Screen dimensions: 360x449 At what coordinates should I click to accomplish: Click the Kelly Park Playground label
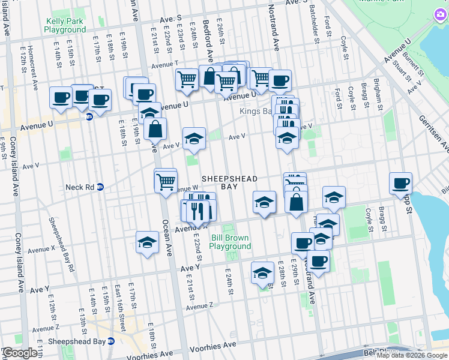(65, 25)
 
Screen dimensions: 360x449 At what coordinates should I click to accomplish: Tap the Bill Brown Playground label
(231, 242)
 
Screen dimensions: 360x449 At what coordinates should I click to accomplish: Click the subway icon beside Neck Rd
(101, 187)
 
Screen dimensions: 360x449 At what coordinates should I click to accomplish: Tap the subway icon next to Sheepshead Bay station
(110, 341)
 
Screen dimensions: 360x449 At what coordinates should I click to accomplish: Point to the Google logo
(20, 353)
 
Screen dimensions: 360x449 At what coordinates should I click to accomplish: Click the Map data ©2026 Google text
(412, 356)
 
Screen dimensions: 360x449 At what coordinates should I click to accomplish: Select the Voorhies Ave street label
(208, 347)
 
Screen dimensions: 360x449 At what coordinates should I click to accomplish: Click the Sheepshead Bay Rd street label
(62, 244)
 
